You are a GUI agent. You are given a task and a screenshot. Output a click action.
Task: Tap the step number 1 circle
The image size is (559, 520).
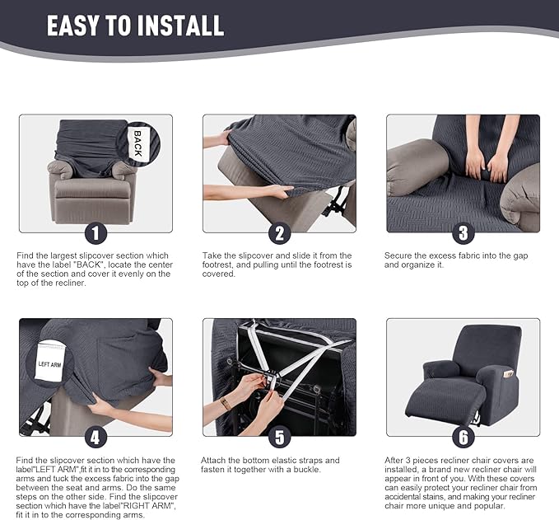tap(96, 233)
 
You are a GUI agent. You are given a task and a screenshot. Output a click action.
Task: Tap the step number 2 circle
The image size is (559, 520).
tap(279, 233)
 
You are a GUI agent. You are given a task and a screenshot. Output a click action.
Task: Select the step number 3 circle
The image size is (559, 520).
tap(463, 233)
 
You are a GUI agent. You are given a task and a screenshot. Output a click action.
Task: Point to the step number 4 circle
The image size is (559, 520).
tap(96, 437)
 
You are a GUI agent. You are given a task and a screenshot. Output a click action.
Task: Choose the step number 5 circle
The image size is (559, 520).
tap(279, 437)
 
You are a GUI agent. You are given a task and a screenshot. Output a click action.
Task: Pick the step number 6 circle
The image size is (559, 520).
tap(463, 437)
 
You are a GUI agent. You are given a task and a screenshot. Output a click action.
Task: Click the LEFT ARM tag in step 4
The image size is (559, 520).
tap(50, 363)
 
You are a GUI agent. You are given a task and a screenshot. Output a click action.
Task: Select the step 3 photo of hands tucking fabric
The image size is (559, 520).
tap(463, 173)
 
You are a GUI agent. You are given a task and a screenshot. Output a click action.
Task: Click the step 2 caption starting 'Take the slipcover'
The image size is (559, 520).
tap(278, 265)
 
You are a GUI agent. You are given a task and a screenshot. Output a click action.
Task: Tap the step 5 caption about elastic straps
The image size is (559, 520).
tap(271, 465)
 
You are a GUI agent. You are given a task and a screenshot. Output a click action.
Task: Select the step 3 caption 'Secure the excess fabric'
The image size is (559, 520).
tap(455, 260)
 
